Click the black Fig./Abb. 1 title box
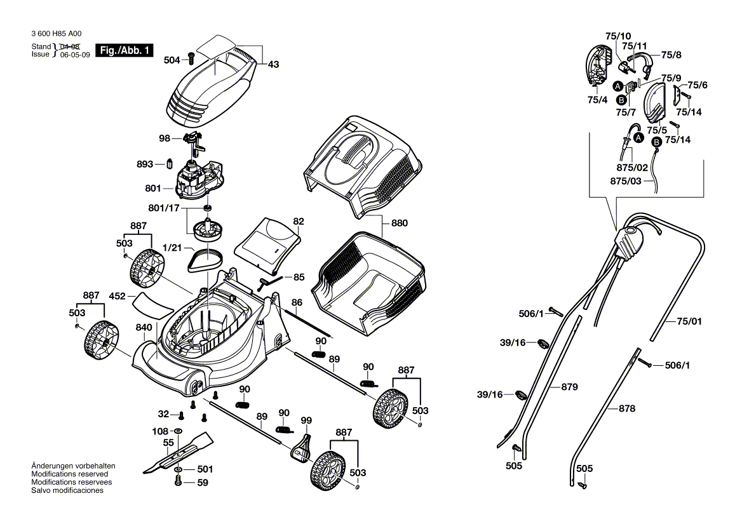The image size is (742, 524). pos(125,51)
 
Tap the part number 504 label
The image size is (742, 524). pos(172,60)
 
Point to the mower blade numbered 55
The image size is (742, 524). pos(177,453)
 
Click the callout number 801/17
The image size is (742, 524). pos(164,208)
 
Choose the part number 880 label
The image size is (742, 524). pos(399,223)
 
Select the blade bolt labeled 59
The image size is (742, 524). pos(178,481)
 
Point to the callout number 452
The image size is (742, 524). pos(117,297)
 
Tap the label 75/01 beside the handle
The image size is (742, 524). pos(689,321)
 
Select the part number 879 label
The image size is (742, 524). pos(569,387)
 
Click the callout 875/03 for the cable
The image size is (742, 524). pos(626,181)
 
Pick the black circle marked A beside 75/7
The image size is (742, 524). pos(617,86)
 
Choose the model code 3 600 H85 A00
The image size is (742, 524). pos(57,34)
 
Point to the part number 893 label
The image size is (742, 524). pos(145,164)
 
